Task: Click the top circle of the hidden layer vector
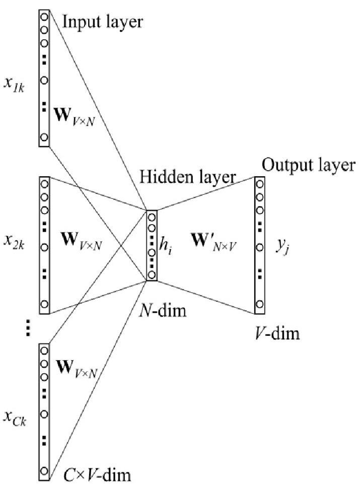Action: pyautogui.click(x=152, y=218)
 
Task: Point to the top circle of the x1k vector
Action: pyautogui.click(x=44, y=17)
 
